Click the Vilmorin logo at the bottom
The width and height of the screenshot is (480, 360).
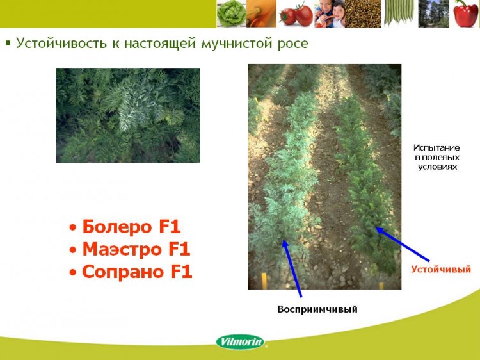(240, 341)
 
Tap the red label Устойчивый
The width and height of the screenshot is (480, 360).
(441, 269)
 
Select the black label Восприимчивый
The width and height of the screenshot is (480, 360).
(317, 309)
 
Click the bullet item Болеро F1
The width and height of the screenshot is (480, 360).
(125, 227)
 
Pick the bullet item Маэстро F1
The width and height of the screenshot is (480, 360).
(130, 249)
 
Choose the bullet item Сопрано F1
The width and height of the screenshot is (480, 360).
(131, 272)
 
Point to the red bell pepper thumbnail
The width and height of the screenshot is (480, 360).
(465, 14)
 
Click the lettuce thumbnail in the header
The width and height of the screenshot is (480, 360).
(232, 14)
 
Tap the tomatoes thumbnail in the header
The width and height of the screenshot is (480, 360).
(296, 14)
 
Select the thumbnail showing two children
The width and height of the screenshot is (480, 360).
(330, 14)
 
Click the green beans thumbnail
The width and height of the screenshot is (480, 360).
(399, 14)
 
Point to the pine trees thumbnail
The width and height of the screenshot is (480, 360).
(433, 14)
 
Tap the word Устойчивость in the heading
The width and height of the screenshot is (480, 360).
(61, 43)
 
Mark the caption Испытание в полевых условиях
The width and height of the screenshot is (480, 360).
(437, 157)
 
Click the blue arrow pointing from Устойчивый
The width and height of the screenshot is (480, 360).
(403, 244)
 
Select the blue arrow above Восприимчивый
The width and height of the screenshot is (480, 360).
(292, 268)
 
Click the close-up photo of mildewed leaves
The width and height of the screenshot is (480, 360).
(128, 115)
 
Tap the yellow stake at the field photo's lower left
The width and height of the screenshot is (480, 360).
(264, 281)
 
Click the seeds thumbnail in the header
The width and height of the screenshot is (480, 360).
(363, 14)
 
